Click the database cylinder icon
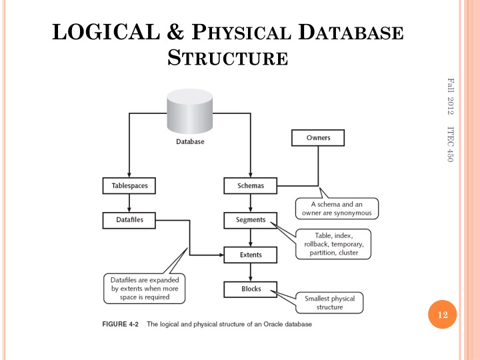(190, 115)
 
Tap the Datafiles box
(125, 219)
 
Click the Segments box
(250, 219)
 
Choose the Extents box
(250, 254)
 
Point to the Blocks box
(250, 289)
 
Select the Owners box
(318, 138)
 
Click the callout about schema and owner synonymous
(337, 208)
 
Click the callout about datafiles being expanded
(145, 289)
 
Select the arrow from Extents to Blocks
(250, 271)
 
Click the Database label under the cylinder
(190, 141)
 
